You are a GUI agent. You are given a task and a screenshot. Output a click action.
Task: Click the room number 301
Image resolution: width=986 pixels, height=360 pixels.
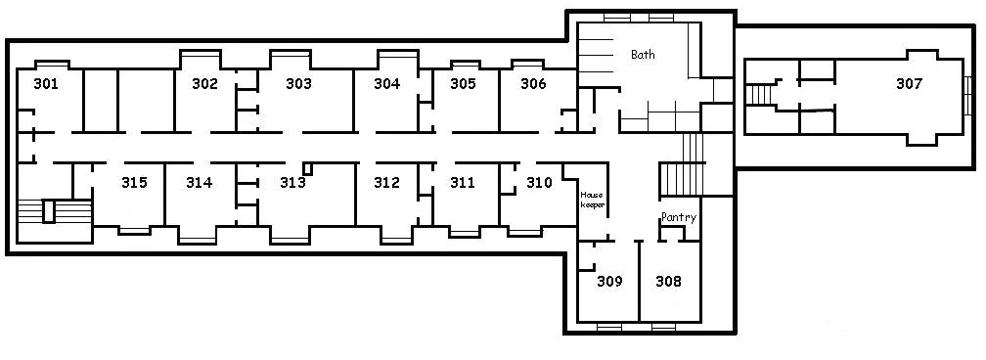point(46,84)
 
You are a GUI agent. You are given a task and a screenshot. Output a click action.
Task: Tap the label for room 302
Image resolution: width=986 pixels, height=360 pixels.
point(204,84)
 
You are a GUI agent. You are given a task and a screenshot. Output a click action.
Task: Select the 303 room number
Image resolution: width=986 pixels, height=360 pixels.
point(298,84)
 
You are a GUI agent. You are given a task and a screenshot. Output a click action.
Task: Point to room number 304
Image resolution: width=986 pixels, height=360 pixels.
point(386,84)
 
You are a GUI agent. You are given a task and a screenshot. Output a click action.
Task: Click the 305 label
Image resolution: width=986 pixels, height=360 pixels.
point(463,84)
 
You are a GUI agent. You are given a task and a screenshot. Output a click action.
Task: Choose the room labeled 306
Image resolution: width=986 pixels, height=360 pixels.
point(533,84)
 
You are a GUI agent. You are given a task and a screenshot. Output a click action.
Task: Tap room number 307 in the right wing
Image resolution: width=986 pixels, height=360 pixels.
point(909,84)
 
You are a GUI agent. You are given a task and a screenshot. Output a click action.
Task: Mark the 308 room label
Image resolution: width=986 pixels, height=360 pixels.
point(668,282)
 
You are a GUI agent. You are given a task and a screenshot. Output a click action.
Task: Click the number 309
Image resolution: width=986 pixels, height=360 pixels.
point(610,282)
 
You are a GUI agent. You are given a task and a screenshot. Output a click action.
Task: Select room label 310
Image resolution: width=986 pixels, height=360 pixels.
point(539,183)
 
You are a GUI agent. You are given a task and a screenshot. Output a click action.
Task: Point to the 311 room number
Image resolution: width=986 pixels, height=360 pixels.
point(463,183)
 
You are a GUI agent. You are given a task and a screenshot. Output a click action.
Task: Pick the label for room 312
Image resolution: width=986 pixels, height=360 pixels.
point(386,183)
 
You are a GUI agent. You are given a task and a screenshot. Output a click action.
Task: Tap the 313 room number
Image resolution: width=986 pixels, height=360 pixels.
point(293,183)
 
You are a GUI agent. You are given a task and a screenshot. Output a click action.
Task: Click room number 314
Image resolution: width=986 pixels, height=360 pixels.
point(199,183)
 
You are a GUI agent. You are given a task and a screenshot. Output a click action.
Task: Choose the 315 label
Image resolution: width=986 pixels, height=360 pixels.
point(135,183)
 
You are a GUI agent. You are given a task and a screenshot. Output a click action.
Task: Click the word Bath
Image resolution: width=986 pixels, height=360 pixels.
point(643,54)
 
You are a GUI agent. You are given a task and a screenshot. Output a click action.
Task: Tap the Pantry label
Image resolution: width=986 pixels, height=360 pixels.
point(679,218)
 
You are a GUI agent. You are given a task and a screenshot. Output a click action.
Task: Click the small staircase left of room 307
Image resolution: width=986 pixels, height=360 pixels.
point(759,96)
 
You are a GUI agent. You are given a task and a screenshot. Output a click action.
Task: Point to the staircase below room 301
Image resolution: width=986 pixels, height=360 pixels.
point(55,211)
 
